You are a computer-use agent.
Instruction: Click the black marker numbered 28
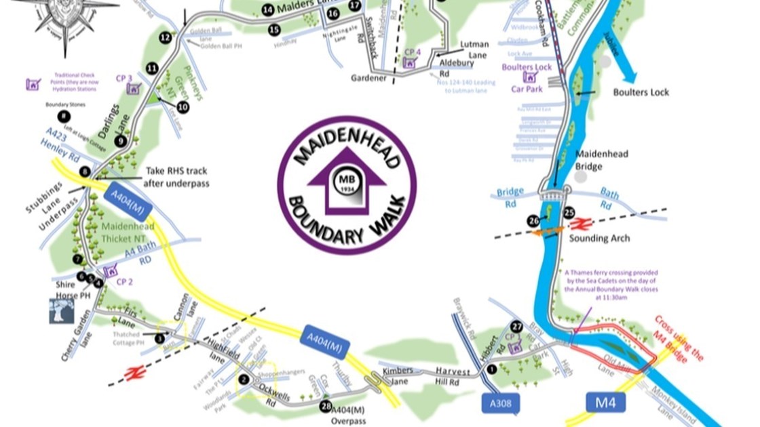(x=326, y=406)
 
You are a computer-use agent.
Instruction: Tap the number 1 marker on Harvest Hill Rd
(x=491, y=369)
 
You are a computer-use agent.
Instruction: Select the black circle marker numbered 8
(x=84, y=172)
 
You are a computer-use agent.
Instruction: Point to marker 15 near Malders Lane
(x=274, y=30)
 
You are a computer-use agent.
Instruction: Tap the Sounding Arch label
(x=599, y=239)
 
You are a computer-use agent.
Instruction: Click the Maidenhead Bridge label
(x=602, y=160)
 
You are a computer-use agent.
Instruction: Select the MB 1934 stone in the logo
(x=347, y=182)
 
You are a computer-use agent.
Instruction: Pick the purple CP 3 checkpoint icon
(x=134, y=89)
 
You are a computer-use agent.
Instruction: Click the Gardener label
(x=368, y=78)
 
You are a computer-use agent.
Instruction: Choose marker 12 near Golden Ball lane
(x=165, y=38)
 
